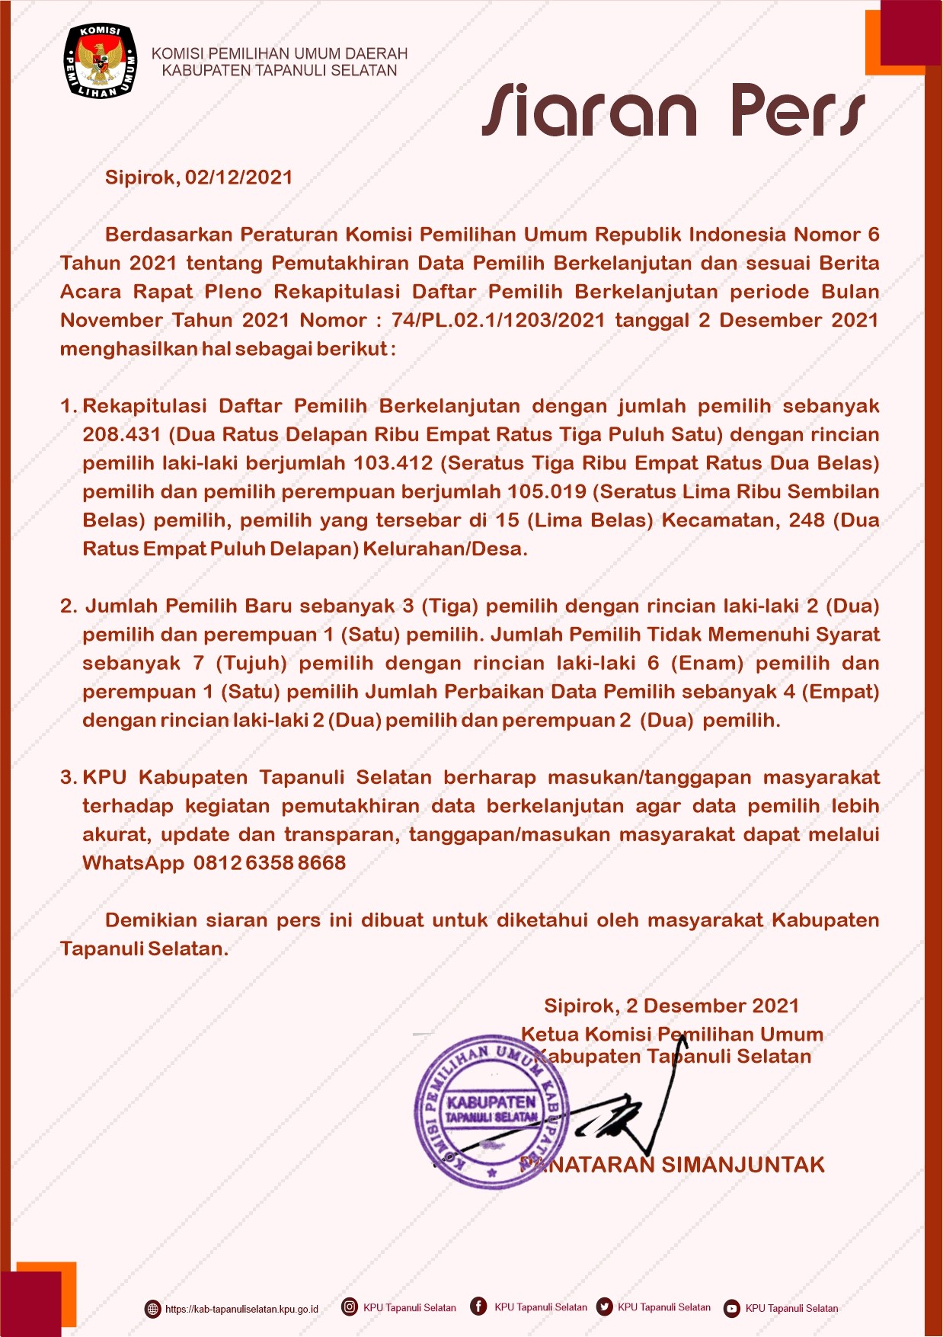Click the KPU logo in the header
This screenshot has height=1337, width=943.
click(x=100, y=61)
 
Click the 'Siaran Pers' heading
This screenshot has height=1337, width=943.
click(x=673, y=111)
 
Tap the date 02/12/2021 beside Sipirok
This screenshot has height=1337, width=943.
click(x=239, y=178)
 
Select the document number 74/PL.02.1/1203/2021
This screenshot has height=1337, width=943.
click(x=498, y=320)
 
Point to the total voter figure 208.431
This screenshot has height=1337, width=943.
click(x=122, y=435)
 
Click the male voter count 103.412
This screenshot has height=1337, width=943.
click(x=393, y=463)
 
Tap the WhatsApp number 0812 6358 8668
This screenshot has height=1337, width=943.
click(x=270, y=863)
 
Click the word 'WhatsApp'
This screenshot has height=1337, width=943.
click(x=133, y=863)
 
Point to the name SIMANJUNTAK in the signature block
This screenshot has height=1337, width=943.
click(x=743, y=1165)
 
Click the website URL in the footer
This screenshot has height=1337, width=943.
click(x=241, y=1309)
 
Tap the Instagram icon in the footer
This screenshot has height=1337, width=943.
click(x=350, y=1307)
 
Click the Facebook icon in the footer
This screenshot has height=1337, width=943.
click(x=478, y=1307)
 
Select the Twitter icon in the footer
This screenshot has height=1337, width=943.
click(x=605, y=1307)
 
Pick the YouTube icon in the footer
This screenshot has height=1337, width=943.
click(x=732, y=1308)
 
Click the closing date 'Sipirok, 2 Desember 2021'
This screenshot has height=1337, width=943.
click(x=671, y=1006)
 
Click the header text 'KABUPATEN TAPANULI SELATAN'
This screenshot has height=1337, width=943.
click(x=280, y=71)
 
